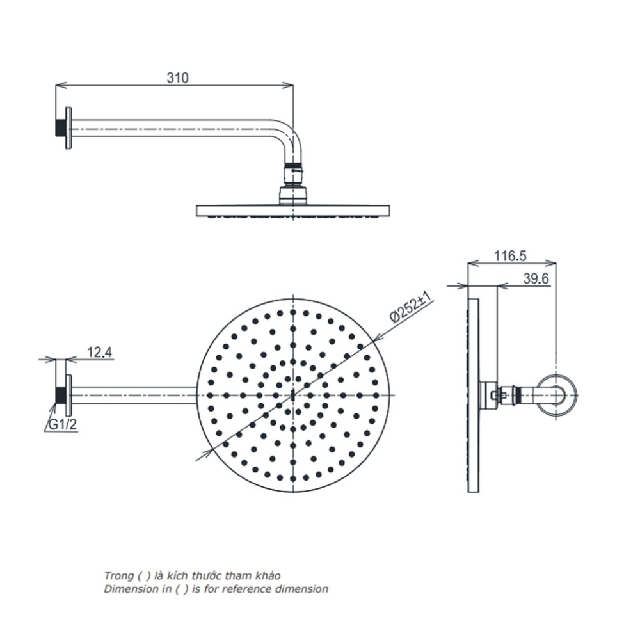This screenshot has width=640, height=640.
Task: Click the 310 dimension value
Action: coord(177,78)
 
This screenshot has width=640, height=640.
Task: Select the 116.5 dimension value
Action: coord(510,256)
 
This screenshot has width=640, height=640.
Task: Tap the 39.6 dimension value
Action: coord(536,280)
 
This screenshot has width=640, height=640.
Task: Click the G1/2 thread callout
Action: coord(61,424)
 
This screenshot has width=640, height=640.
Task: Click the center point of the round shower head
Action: coord(293,395)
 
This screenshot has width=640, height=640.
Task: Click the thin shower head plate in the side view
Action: coord(293,210)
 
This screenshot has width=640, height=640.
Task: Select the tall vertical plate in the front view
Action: coord(473,395)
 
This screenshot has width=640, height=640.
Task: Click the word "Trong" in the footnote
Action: coord(116,576)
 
